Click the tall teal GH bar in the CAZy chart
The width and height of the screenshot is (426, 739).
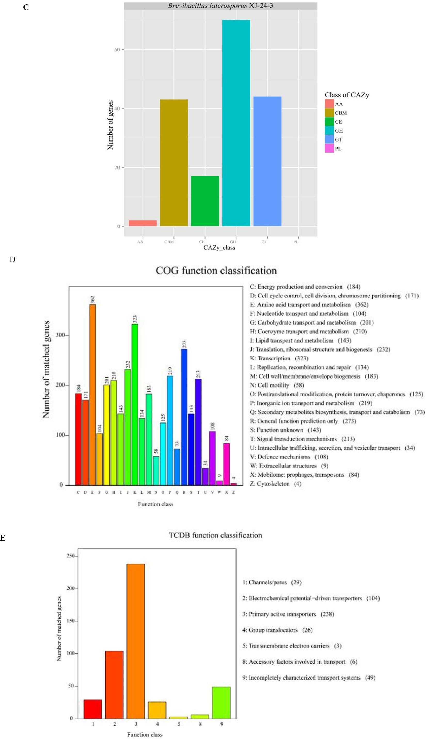pyautogui.click(x=236, y=123)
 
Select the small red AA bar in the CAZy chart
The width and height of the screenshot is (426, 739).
pyautogui.click(x=143, y=223)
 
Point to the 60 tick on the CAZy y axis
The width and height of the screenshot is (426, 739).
pyautogui.click(x=117, y=49)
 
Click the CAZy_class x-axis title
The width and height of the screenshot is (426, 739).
pyautogui.click(x=219, y=248)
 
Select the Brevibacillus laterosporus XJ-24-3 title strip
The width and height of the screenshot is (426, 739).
pyautogui.click(x=220, y=6)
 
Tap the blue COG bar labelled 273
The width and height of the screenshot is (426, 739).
pyautogui.click(x=184, y=417)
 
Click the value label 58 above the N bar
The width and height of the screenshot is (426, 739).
pyautogui.click(x=156, y=451)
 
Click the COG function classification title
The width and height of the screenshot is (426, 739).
pyautogui.click(x=216, y=271)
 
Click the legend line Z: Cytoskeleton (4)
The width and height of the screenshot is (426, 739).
pyautogui.click(x=275, y=484)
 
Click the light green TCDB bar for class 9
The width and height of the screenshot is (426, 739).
pyautogui.click(x=222, y=703)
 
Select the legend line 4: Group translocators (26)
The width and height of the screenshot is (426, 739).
pyautogui.click(x=277, y=630)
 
